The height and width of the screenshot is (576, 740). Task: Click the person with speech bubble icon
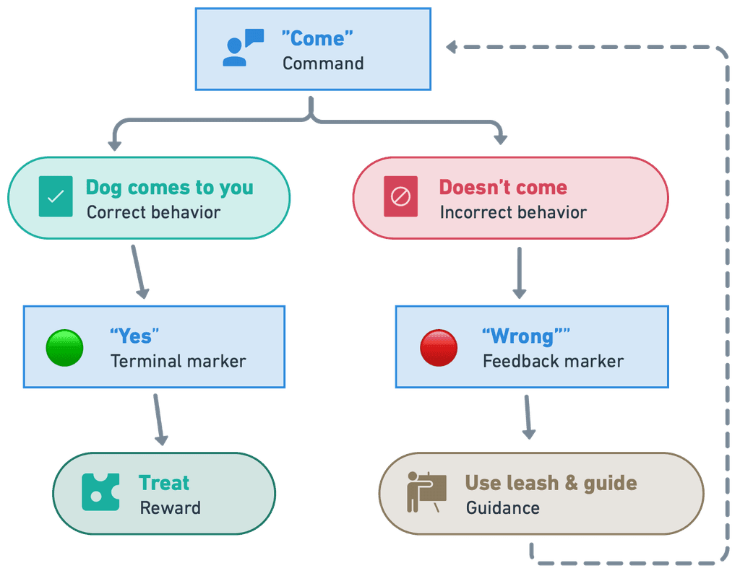[x=243, y=48]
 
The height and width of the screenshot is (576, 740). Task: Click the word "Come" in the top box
[x=317, y=38]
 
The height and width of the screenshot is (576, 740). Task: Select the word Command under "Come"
[x=323, y=64]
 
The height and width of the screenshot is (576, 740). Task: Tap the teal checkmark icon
[x=56, y=196]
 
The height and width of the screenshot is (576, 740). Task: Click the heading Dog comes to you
[x=169, y=188]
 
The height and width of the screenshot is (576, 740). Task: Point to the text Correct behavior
[x=153, y=212]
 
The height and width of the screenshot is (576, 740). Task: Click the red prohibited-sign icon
[x=400, y=196]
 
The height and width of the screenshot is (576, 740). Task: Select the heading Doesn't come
[x=503, y=188]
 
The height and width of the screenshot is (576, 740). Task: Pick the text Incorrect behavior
[x=513, y=212]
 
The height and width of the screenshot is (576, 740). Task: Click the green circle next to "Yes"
[x=65, y=347]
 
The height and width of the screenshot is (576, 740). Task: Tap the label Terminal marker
[x=178, y=361]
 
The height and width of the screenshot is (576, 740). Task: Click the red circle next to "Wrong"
[x=439, y=347]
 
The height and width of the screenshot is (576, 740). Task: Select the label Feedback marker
[x=553, y=361]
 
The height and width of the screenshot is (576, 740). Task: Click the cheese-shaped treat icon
[x=100, y=492]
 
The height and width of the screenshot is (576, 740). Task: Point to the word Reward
[x=170, y=508]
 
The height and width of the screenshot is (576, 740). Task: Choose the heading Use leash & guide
[x=551, y=483]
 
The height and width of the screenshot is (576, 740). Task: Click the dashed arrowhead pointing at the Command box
[x=452, y=48]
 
